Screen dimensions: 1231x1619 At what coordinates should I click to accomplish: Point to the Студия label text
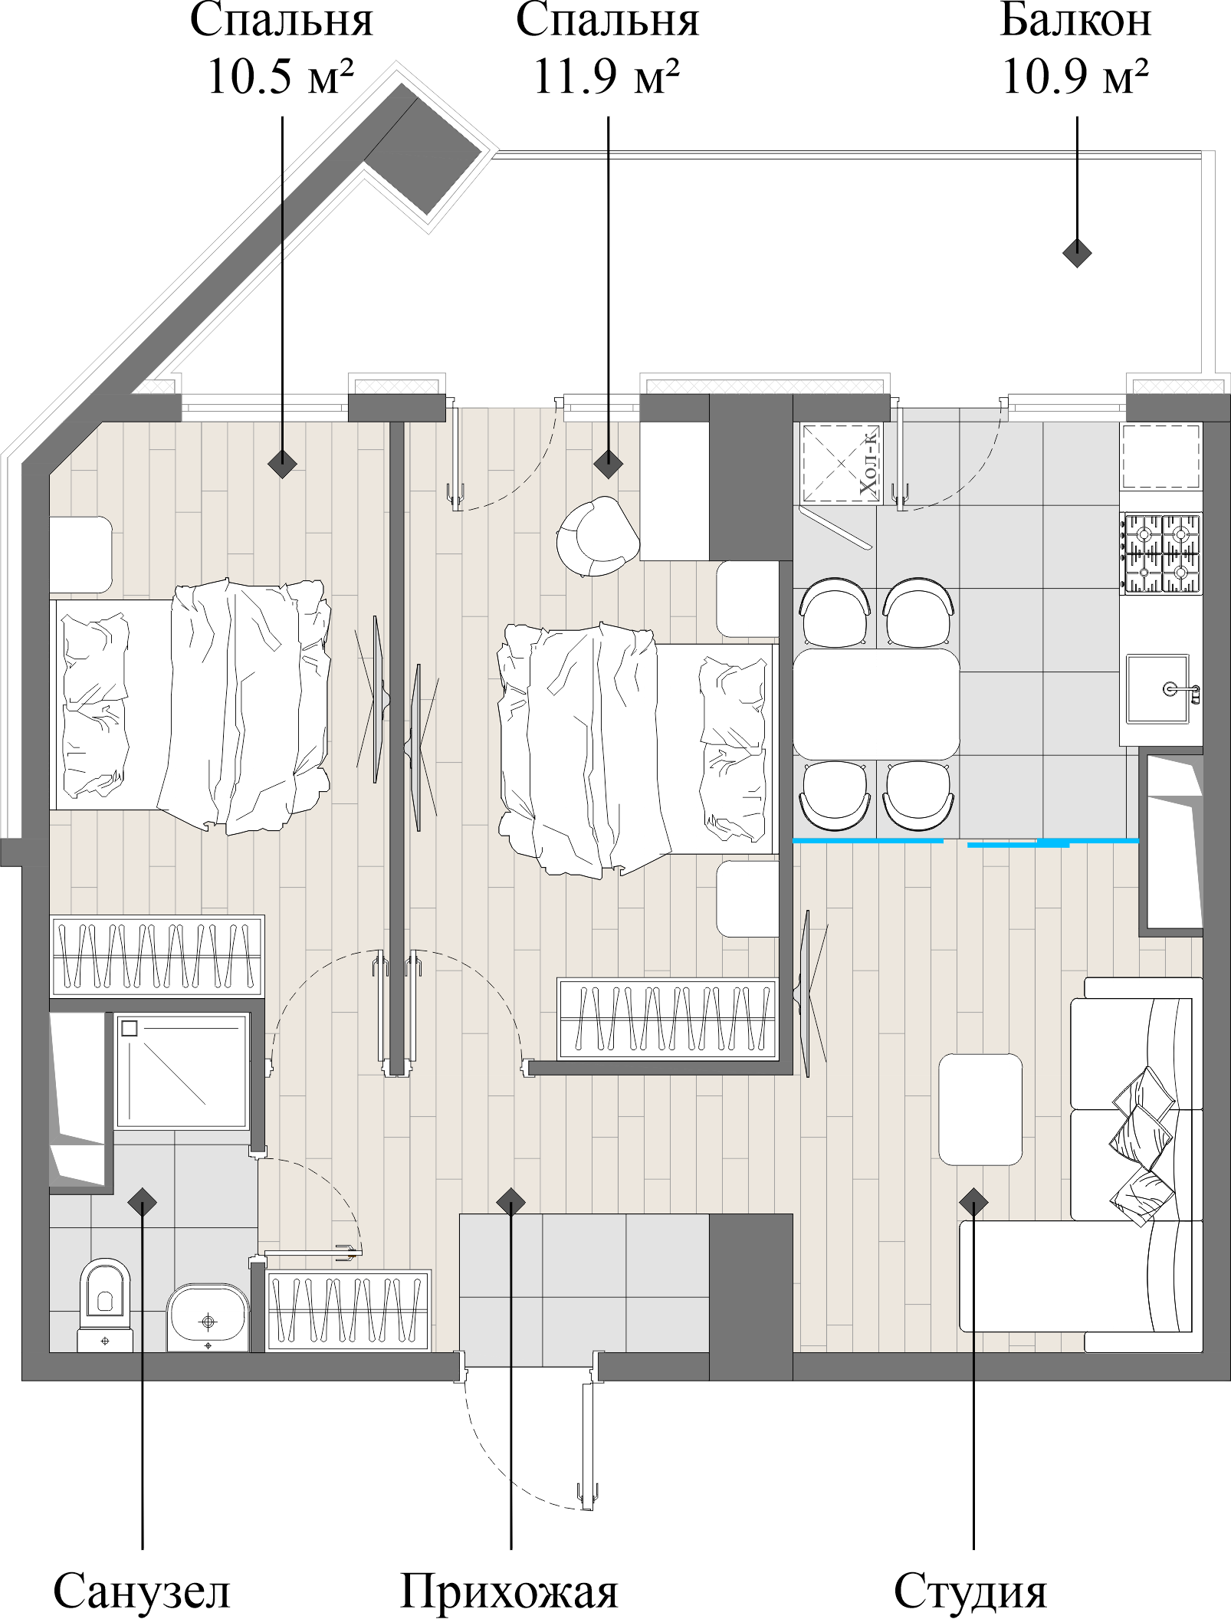click(x=970, y=1593)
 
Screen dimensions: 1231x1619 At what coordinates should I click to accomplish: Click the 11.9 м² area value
click(x=606, y=77)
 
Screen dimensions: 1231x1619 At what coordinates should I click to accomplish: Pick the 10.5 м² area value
click(x=281, y=77)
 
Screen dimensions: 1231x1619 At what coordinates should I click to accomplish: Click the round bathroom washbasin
click(x=208, y=1318)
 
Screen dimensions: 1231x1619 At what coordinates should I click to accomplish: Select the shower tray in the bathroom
click(x=182, y=1071)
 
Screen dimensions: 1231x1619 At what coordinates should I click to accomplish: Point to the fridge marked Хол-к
click(x=840, y=463)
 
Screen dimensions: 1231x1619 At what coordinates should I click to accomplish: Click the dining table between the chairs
click(x=876, y=704)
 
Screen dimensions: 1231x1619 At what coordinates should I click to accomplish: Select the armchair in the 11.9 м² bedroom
click(x=599, y=537)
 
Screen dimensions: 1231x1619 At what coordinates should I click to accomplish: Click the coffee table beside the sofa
click(x=980, y=1109)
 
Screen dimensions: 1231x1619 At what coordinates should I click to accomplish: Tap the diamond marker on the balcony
click(x=1077, y=252)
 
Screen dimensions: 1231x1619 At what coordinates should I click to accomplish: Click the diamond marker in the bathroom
click(x=142, y=1202)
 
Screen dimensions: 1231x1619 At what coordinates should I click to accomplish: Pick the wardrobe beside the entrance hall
click(x=348, y=1311)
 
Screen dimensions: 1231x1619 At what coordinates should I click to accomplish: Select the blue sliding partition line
click(x=966, y=842)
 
